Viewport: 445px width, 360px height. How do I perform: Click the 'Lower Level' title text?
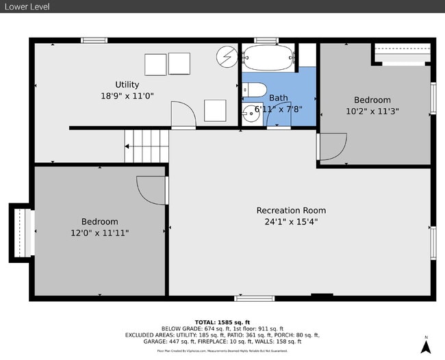[x=26, y=6]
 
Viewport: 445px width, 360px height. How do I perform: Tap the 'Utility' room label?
[x=127, y=85]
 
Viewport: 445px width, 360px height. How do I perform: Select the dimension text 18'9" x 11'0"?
[x=127, y=96]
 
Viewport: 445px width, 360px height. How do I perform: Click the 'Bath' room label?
[x=278, y=98]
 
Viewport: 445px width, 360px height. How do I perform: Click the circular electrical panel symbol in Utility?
[x=226, y=55]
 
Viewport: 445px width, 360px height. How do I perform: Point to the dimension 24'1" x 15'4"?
[x=291, y=221]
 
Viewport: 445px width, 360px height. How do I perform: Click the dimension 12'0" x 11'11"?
[x=99, y=233]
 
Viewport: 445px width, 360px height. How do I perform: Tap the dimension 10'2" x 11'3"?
[x=372, y=110]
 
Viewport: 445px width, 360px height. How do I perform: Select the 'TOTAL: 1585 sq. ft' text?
[x=222, y=322]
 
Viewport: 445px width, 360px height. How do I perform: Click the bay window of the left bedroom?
[x=21, y=232]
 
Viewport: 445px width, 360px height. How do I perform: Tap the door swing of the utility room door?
[x=180, y=114]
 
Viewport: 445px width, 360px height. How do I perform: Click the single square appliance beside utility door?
[x=215, y=110]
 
